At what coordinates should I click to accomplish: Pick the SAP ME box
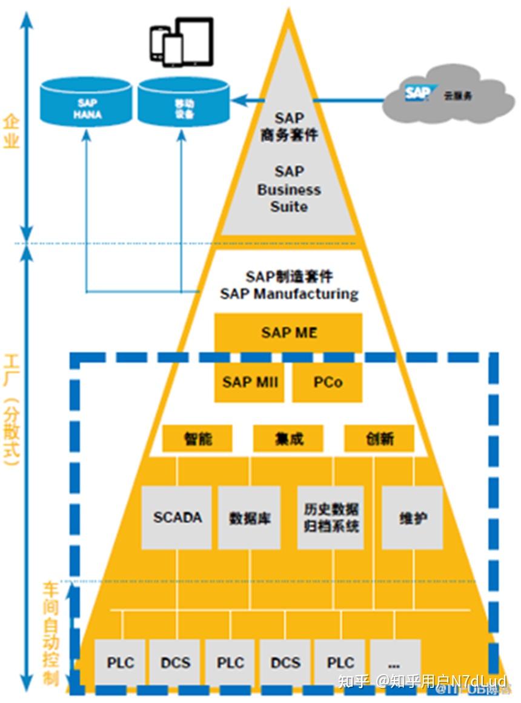point(288,332)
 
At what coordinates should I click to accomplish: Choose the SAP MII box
point(250,382)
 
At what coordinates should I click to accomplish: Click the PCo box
point(328,382)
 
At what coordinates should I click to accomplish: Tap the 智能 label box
point(197,439)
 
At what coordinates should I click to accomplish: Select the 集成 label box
point(288,439)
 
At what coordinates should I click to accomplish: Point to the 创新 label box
point(379,439)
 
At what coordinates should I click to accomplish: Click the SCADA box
point(177,518)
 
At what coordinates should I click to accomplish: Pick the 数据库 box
point(250,518)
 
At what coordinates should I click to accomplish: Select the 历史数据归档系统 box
point(331,517)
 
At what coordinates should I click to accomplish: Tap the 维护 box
point(412,518)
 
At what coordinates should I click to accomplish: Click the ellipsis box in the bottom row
point(396,662)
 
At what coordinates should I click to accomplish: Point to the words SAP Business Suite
point(289,189)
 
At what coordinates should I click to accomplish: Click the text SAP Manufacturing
point(289,295)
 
